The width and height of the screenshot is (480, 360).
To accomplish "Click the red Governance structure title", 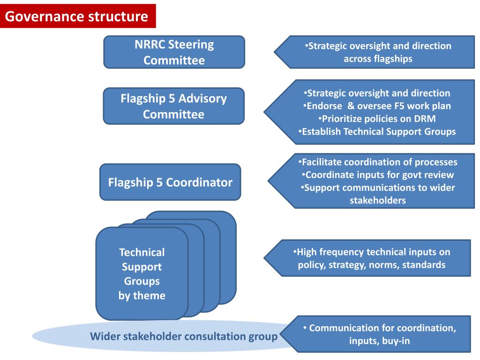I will pos(77,17).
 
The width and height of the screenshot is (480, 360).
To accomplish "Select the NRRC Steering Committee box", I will pos(174,52).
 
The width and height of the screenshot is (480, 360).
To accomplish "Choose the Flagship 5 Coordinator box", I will pos(170,182).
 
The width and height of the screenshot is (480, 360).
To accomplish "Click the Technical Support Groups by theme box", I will pos(142,274).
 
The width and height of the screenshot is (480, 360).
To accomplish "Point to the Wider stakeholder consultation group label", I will pos(184,337).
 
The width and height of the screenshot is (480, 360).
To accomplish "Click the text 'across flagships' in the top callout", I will pos(378,59).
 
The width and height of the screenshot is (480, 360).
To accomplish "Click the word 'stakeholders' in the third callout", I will pos(378,201).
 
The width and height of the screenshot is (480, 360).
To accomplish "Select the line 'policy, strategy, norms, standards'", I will pos(371,265).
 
